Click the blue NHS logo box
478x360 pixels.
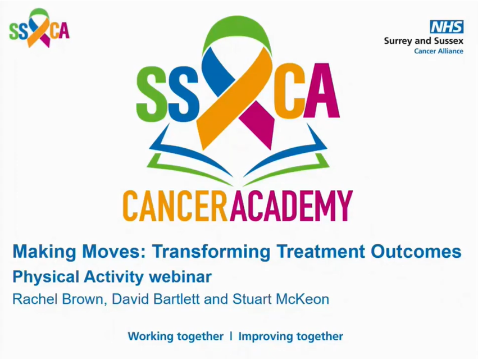pyautogui.click(x=447, y=27)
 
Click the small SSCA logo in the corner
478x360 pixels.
pyautogui.click(x=39, y=28)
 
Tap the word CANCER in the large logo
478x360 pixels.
pyautogui.click(x=176, y=206)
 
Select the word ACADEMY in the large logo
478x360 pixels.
pyautogui.click(x=292, y=206)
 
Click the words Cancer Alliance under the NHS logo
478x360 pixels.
pyautogui.click(x=439, y=51)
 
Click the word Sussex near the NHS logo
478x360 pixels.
pyautogui.click(x=448, y=40)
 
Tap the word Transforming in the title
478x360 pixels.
pyautogui.click(x=211, y=252)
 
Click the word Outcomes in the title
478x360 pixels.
pyautogui.click(x=416, y=251)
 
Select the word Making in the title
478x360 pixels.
pyautogui.click(x=44, y=252)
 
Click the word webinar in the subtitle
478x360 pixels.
pyautogui.click(x=180, y=277)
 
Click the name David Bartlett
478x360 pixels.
pyautogui.click(x=156, y=299)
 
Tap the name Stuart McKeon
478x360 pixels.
pyautogui.click(x=281, y=299)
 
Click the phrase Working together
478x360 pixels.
pyautogui.click(x=176, y=336)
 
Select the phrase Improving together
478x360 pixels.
pyautogui.click(x=290, y=336)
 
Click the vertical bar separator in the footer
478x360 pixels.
pyautogui.click(x=231, y=336)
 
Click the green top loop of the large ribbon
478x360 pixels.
pyautogui.click(x=236, y=34)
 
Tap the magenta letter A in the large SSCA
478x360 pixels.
pyautogui.click(x=322, y=90)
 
